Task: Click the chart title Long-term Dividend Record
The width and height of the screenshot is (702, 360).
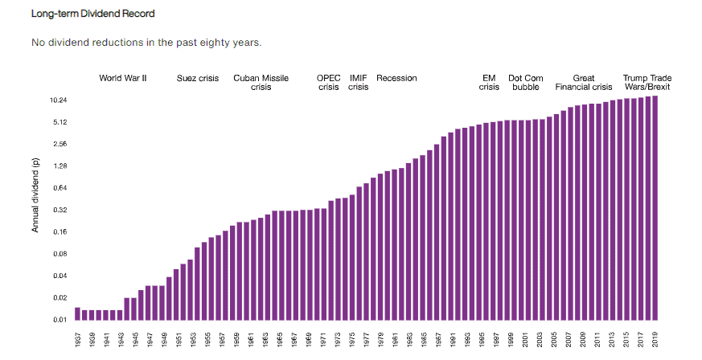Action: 92,14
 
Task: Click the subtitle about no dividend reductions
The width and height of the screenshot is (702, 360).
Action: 146,42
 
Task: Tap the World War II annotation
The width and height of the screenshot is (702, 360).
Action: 122,79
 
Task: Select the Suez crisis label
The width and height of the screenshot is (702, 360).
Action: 198,79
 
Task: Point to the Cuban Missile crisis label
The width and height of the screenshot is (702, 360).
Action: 261,83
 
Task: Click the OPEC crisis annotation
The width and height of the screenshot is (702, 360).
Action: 329,83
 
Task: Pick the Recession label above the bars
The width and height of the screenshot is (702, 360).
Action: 396,79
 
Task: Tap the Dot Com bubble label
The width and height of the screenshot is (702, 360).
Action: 525,83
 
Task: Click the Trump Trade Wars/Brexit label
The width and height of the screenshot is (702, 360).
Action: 647,83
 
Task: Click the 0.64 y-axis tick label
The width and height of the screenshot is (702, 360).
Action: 60,188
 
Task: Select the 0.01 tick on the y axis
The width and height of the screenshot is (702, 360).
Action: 60,320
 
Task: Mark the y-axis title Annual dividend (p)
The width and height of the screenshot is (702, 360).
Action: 35,195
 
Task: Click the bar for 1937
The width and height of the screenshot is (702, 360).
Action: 78,313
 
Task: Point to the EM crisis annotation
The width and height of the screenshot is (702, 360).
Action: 489,83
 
